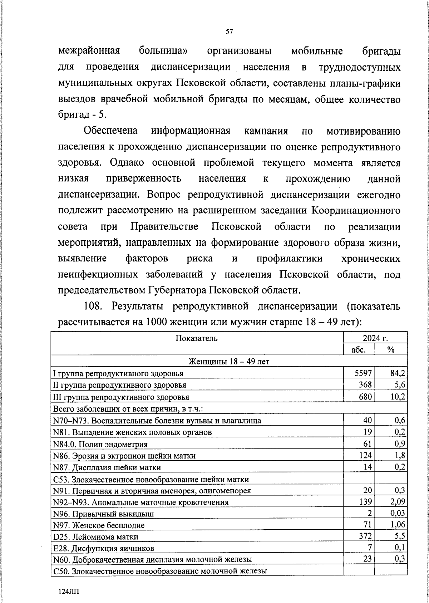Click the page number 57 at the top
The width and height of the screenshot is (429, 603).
point(230,32)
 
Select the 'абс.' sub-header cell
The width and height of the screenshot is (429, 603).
point(359,349)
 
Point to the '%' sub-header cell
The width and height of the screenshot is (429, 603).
point(391,349)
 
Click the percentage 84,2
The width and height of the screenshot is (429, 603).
point(397,373)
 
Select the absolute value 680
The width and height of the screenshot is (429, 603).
point(365,397)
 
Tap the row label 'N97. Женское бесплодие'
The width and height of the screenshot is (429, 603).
point(99,525)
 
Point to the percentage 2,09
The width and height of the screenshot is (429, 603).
point(397,502)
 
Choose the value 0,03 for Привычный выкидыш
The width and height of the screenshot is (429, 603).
point(397,514)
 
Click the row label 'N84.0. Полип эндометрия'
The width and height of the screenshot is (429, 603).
point(100,444)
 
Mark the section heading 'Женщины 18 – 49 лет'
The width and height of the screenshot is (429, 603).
point(229,362)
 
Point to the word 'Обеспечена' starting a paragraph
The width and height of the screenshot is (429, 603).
point(111,131)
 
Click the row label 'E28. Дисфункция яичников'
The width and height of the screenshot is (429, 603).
point(104,548)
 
